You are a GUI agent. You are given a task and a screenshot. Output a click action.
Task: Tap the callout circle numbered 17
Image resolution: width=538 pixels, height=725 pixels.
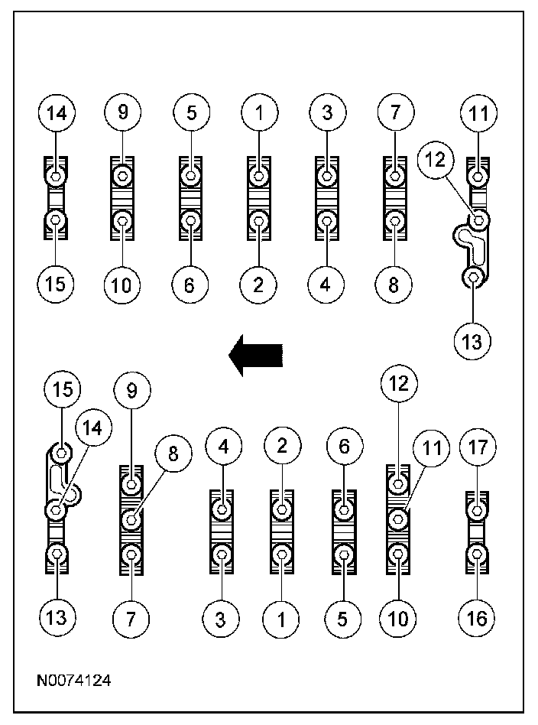tap(477, 447)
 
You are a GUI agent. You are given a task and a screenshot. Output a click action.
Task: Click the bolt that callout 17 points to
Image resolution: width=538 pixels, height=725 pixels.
tap(477, 509)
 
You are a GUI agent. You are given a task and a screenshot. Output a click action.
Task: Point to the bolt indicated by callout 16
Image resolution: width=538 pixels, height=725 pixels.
tap(477, 553)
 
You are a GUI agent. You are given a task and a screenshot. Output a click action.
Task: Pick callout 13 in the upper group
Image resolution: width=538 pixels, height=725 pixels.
tap(474, 340)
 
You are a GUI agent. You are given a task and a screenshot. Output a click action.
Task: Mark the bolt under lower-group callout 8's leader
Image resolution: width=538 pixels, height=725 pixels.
tap(131, 520)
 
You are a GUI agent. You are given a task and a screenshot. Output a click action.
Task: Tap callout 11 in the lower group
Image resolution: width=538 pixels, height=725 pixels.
tap(433, 450)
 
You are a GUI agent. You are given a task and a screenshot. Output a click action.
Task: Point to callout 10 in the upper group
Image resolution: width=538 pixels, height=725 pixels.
tap(122, 284)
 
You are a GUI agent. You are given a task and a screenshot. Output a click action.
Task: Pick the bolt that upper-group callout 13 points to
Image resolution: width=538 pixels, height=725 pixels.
tap(474, 277)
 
